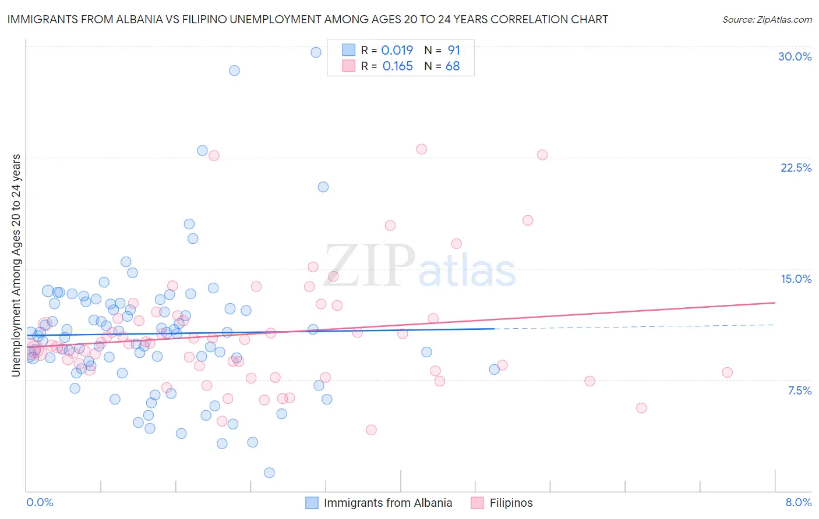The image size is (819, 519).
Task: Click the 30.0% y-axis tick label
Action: click(x=795, y=56)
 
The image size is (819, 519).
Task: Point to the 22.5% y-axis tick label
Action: click(x=796, y=168)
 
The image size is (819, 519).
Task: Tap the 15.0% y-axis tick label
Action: click(x=796, y=279)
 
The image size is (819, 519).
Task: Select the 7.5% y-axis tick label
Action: click(x=799, y=390)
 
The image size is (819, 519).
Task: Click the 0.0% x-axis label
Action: click(x=40, y=502)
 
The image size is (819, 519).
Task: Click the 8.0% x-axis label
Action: click(x=798, y=502)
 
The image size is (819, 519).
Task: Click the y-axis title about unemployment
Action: click(x=16, y=265)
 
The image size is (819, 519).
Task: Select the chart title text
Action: click(x=308, y=19)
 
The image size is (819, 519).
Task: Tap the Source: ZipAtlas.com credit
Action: click(x=767, y=19)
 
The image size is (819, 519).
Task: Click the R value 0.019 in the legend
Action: click(x=397, y=50)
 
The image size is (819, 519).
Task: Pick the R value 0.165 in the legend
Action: click(x=398, y=66)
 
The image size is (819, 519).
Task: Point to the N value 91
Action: click(x=454, y=50)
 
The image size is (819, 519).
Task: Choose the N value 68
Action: click(x=453, y=66)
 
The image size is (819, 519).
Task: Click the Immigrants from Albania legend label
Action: click(x=388, y=503)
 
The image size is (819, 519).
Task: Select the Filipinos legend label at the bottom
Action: click(x=511, y=503)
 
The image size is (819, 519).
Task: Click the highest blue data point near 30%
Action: click(x=316, y=52)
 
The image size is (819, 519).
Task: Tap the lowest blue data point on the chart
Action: click(x=269, y=472)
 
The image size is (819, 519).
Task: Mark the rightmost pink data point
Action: click(x=727, y=372)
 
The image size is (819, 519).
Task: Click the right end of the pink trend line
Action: click(x=775, y=303)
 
